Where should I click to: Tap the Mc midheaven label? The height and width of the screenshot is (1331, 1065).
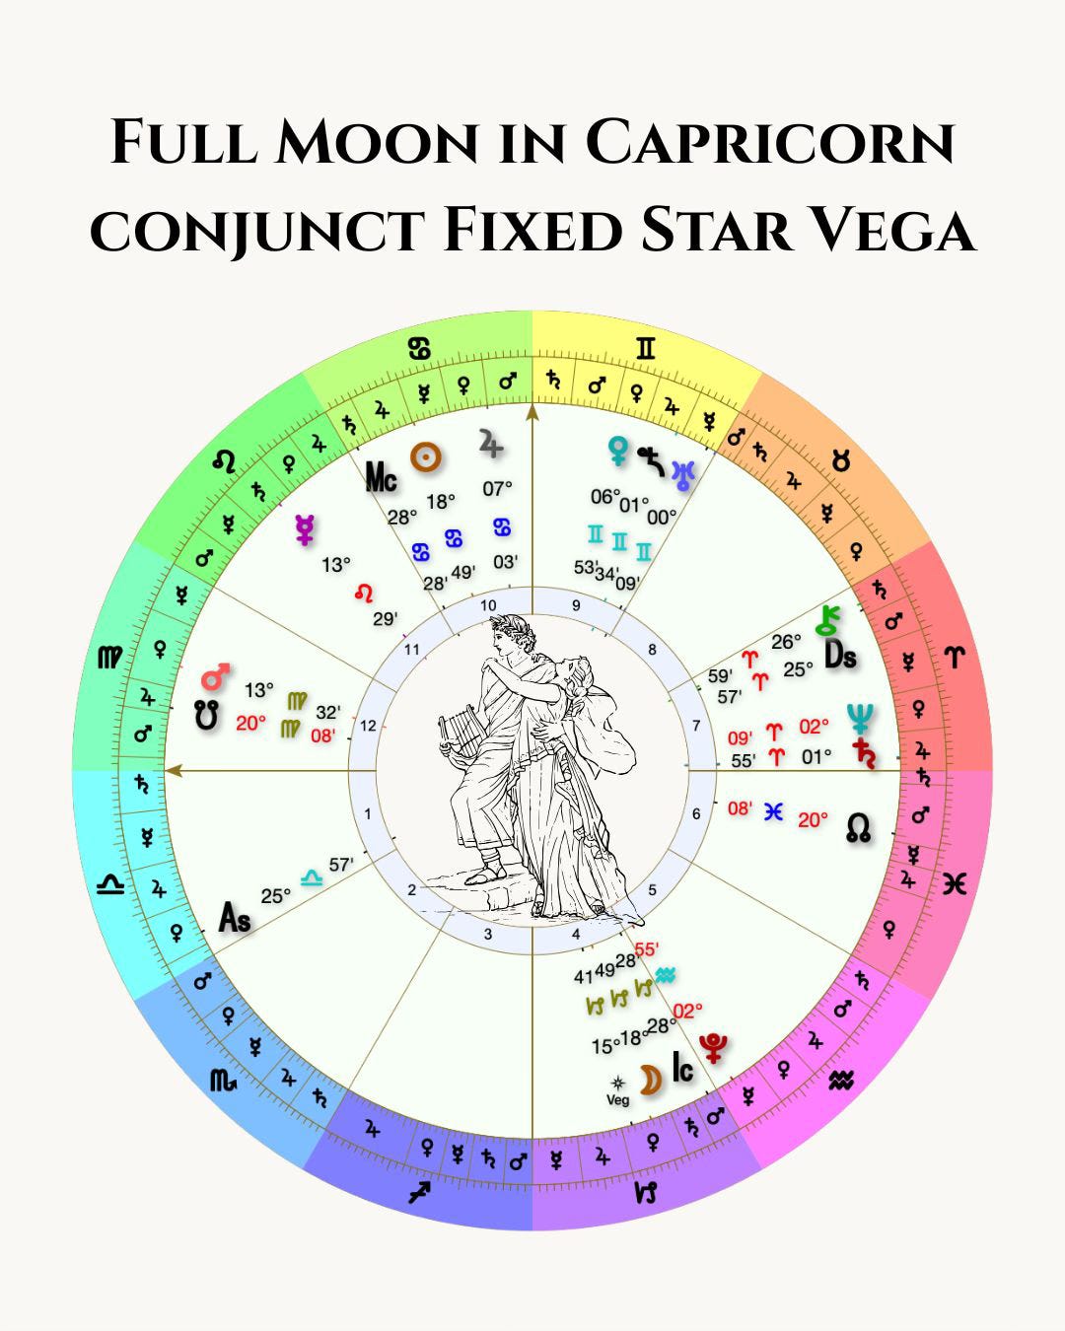click(382, 478)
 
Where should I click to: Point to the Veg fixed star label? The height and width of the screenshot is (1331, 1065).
click(617, 1099)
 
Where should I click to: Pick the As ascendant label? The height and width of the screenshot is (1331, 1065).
click(235, 919)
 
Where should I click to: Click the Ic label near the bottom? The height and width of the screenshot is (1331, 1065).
click(682, 1068)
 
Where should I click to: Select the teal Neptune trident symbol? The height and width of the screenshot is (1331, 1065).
click(860, 717)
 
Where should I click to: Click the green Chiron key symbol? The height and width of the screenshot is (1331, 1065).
click(826, 620)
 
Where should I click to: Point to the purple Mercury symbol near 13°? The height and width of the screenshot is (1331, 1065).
click(306, 530)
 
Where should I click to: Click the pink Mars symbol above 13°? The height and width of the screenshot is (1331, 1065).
click(216, 677)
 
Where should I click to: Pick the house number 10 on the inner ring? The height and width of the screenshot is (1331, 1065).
click(488, 605)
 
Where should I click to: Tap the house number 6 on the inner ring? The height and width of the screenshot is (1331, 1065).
click(696, 813)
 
